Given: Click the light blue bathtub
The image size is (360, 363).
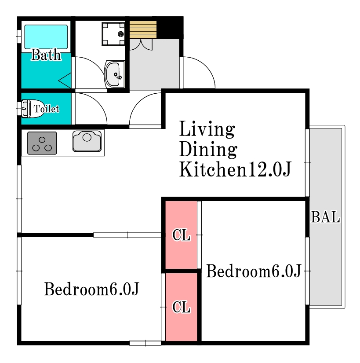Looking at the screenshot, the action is click(x=46, y=37).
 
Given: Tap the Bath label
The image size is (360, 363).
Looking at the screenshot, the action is click(x=46, y=55).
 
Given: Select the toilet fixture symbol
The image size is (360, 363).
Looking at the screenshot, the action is click(x=33, y=109).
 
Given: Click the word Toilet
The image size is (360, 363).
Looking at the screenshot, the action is click(x=47, y=109).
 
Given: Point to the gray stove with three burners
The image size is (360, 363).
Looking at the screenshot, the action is click(x=42, y=143).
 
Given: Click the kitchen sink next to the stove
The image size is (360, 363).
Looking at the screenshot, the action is click(x=87, y=141).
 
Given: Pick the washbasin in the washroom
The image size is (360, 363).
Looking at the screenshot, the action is click(x=114, y=74).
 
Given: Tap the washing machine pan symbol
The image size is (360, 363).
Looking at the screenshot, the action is click(x=113, y=33).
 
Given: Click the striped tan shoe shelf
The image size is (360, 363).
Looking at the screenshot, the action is click(x=143, y=29).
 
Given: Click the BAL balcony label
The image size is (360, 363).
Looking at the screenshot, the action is click(x=325, y=217).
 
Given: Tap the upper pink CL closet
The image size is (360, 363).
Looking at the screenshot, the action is click(x=181, y=235).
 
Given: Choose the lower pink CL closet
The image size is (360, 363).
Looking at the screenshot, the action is click(x=181, y=307).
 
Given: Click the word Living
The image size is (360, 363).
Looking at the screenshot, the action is click(x=207, y=129).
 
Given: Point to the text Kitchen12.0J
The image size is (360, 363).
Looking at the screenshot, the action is click(x=235, y=169).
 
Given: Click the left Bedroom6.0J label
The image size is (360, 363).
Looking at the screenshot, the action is click(x=91, y=289).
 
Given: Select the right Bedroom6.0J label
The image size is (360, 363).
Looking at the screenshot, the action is click(x=254, y=271).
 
